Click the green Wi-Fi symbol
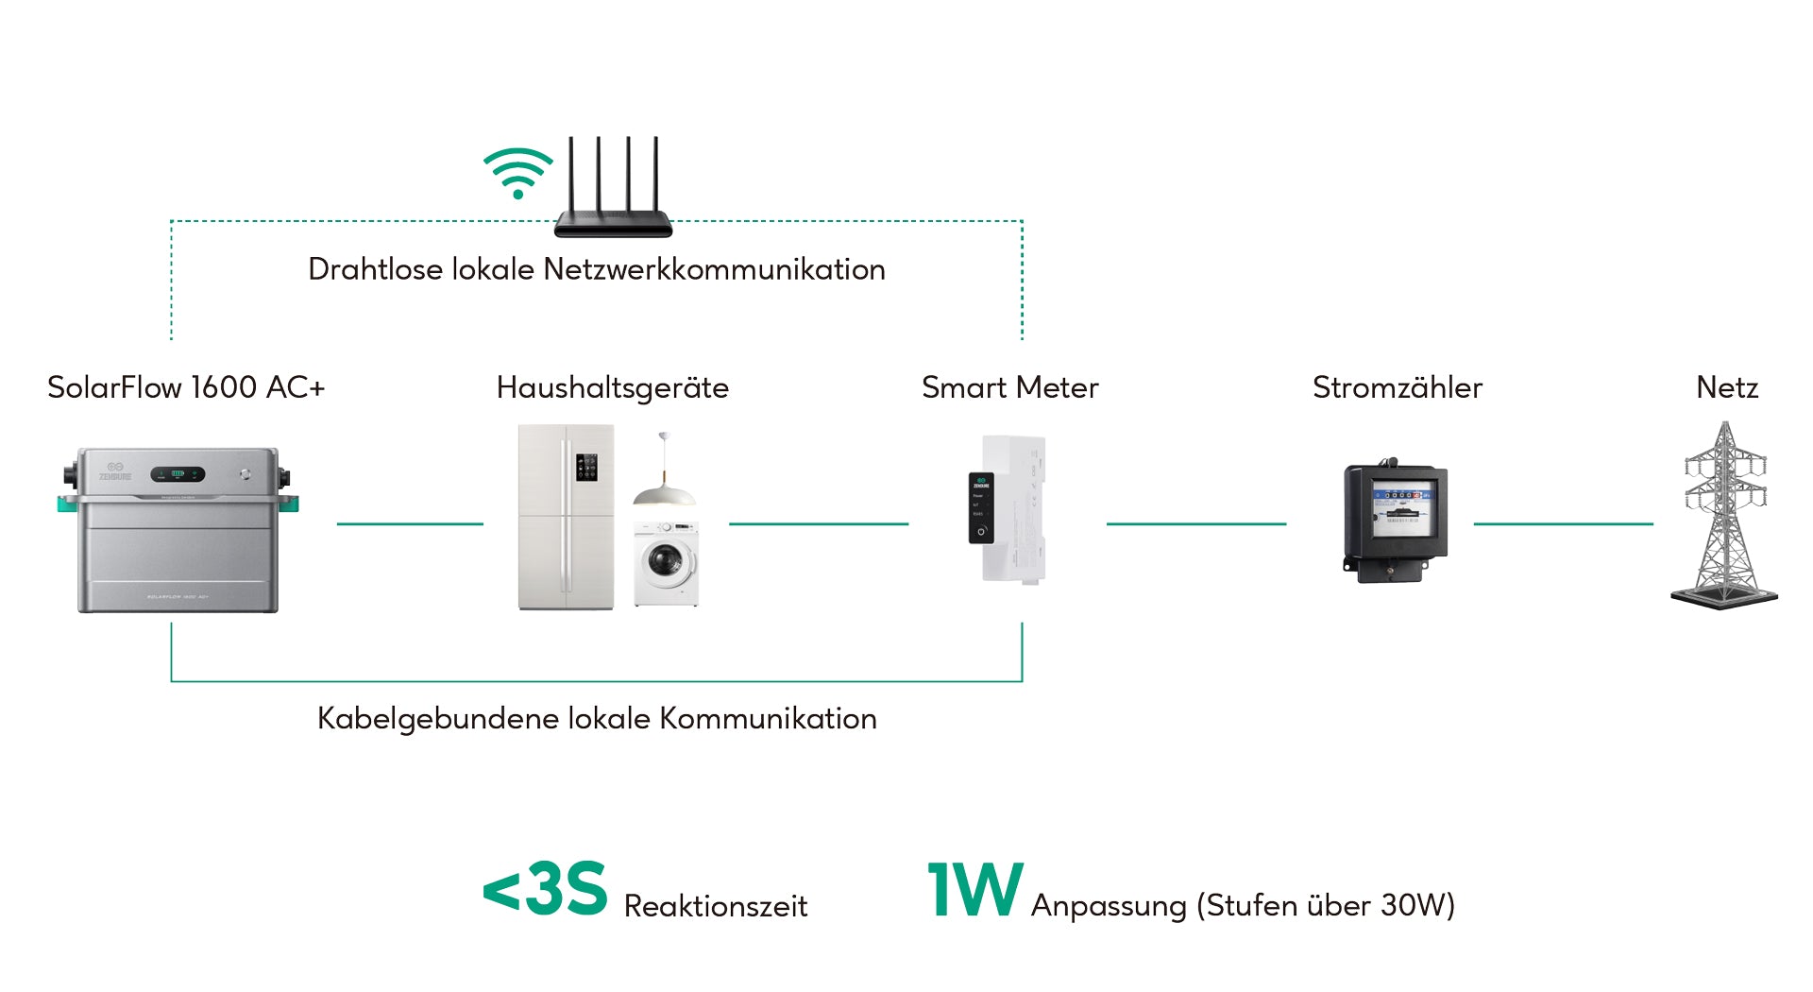pyautogui.click(x=517, y=172)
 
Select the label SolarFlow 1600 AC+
pyautogui.click(x=186, y=387)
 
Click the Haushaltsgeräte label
pyautogui.click(x=612, y=387)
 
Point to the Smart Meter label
pyautogui.click(x=1009, y=387)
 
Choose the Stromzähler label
pyautogui.click(x=1397, y=387)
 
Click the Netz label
pyautogui.click(x=1726, y=387)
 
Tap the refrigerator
pyautogui.click(x=566, y=517)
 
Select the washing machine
pyautogui.click(x=667, y=563)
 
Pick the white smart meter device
pyautogui.click(x=1011, y=509)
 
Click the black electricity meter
pyautogui.click(x=1396, y=522)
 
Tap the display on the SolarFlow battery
pyautogui.click(x=178, y=473)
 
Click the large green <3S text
pyautogui.click(x=545, y=889)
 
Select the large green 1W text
pyautogui.click(x=974, y=889)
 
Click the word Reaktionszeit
pyautogui.click(x=715, y=906)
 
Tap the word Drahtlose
pyautogui.click(x=375, y=269)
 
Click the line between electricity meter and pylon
pyautogui.click(x=1563, y=523)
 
